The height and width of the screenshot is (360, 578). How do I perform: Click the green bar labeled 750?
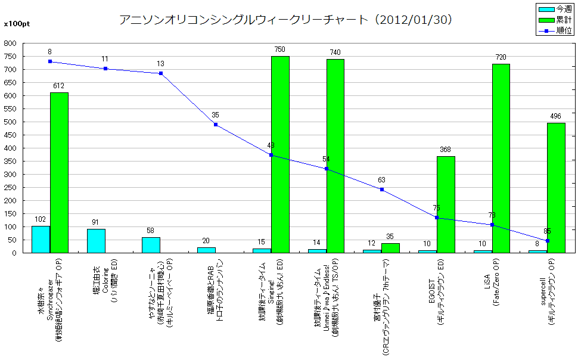click(x=280, y=154)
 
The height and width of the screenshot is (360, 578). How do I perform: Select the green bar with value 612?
click(x=59, y=173)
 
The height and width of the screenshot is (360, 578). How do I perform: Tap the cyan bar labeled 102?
click(x=41, y=240)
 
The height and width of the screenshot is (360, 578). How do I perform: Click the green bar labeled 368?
click(x=446, y=204)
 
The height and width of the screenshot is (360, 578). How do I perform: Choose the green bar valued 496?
click(x=556, y=188)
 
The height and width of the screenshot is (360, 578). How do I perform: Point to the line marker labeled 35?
click(x=216, y=125)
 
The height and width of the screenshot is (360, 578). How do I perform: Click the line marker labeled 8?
click(x=50, y=61)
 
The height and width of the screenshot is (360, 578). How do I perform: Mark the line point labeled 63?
click(x=381, y=190)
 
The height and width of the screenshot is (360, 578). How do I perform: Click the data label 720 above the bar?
click(x=501, y=57)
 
